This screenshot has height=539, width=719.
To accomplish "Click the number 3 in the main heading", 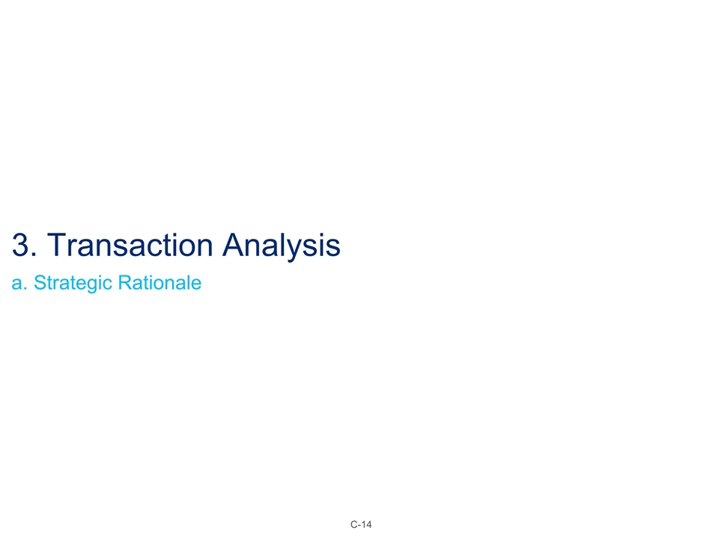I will click(19, 246).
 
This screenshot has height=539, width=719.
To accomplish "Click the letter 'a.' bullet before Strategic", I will click(18, 284).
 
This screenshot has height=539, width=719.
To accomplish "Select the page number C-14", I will click(361, 524).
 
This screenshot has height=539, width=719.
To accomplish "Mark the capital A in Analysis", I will click(236, 246).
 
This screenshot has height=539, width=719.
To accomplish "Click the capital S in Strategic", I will click(40, 284).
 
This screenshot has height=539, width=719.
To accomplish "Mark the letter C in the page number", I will click(353, 524).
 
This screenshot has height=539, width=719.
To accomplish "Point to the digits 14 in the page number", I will click(366, 524).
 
